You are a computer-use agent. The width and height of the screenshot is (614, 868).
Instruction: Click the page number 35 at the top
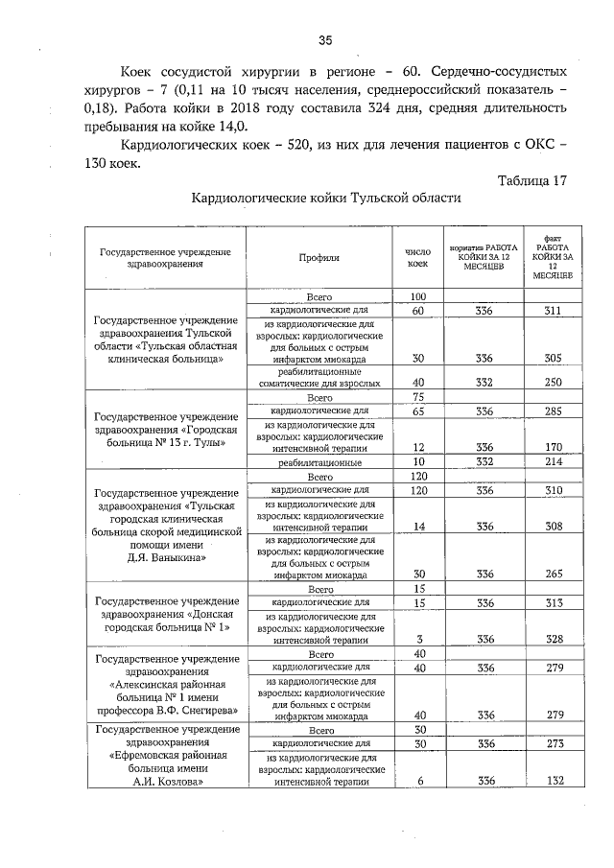tap(324, 39)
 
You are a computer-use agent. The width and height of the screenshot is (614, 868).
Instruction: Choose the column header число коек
tap(417, 257)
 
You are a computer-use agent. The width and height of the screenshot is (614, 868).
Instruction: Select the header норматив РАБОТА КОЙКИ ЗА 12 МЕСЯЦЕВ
tap(484, 257)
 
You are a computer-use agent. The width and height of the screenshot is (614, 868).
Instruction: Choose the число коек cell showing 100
tap(417, 296)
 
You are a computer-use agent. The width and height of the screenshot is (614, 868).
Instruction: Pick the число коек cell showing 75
tap(417, 397)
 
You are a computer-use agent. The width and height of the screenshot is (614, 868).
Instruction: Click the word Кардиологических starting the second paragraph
tap(182, 145)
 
